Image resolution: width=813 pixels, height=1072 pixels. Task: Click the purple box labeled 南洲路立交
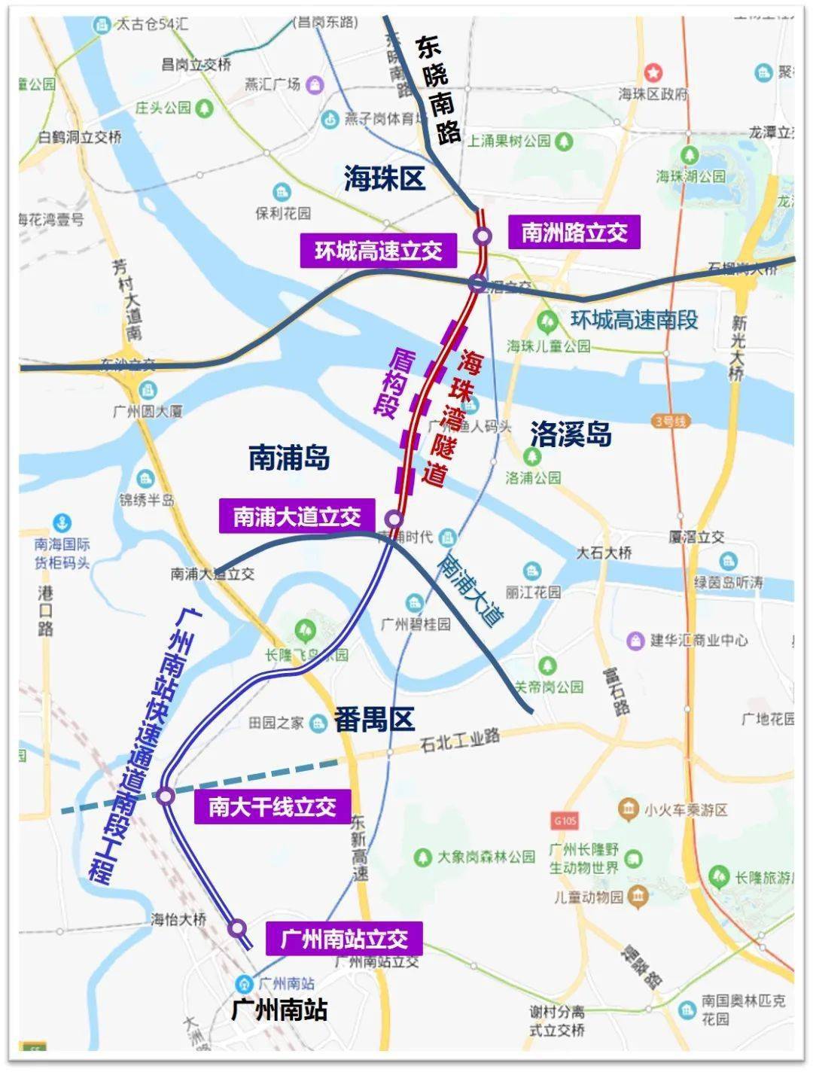pos(574,232)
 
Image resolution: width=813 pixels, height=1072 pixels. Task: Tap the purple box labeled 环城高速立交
pos(378,251)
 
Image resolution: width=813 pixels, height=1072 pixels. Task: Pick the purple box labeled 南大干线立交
pos(272,807)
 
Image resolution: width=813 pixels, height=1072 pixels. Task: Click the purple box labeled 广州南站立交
pos(344,939)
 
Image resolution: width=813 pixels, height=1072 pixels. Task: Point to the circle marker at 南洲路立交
pos(483,236)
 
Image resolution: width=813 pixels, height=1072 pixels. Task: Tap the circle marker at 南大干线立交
pos(166,795)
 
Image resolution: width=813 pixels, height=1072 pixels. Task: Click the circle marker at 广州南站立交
pos(237,927)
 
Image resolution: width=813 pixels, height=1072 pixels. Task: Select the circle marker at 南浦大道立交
pos(393,519)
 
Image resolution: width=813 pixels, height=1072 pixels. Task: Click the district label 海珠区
pos(385,178)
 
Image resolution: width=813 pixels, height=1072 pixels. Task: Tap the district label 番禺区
pos(374,720)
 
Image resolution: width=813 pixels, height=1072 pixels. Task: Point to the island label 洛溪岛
pos(571,434)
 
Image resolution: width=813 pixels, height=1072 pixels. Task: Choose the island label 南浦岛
pos(289,457)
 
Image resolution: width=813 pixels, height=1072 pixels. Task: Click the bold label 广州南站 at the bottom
pos(279,1010)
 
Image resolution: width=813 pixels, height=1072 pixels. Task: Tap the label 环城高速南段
pos(634,320)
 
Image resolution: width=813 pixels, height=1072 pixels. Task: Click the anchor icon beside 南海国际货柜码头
pos(62,522)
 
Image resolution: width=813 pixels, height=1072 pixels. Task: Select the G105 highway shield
pos(563,820)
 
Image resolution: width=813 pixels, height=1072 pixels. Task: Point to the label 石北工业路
pos(460,739)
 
